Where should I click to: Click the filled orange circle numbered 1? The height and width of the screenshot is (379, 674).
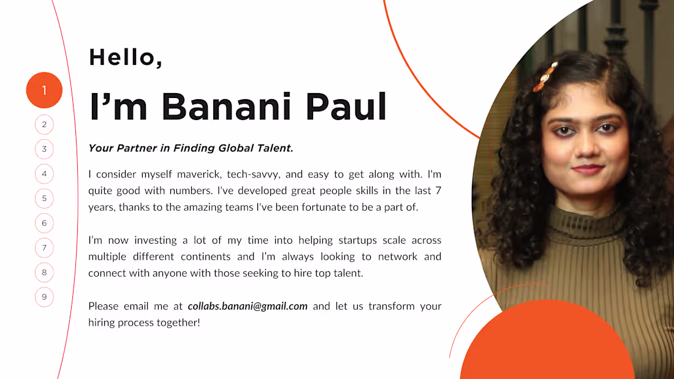[x=44, y=90]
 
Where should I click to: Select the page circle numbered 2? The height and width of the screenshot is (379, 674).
[x=44, y=125]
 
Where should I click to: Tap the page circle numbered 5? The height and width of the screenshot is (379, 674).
[x=44, y=198]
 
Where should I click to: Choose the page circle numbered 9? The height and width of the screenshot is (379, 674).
[x=44, y=297]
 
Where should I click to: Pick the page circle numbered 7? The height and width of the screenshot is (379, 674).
[x=44, y=248]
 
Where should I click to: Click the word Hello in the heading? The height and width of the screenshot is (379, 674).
[x=123, y=57]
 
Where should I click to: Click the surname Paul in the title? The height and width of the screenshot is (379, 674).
[x=346, y=106]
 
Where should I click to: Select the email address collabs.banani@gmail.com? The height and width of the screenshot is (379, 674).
[x=248, y=306]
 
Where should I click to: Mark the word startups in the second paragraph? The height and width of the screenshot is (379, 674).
[x=358, y=240]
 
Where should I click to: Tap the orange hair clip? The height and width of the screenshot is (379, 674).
[x=545, y=77]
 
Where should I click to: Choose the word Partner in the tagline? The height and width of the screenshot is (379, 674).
[x=137, y=148]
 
